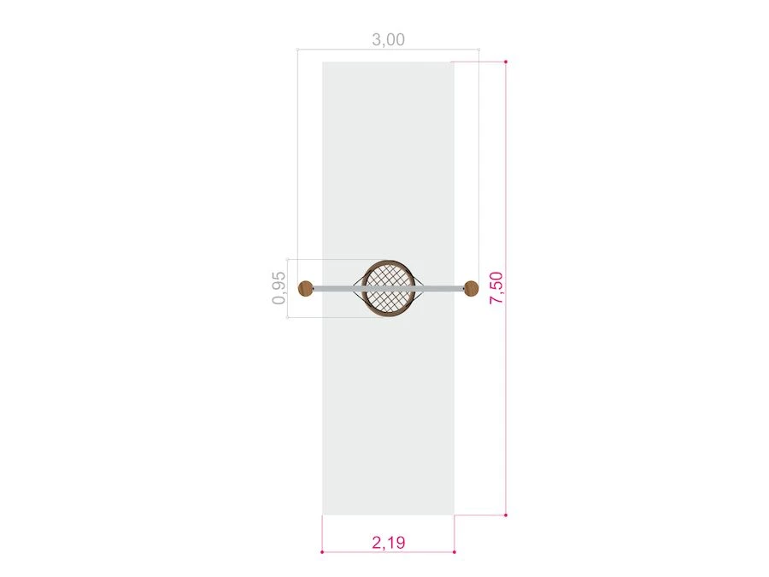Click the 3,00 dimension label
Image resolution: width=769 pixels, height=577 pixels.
[389, 39]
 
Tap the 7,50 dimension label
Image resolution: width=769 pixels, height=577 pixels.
[496, 288]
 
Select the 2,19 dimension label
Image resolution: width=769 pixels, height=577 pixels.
[389, 542]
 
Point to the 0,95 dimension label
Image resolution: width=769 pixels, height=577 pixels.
[279, 288]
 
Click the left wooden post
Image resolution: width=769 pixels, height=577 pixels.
[306, 289]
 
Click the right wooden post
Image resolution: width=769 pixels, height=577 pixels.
[471, 289]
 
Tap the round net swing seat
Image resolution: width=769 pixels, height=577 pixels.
[389, 289]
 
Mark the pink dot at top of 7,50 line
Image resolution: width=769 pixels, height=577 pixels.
[506, 62]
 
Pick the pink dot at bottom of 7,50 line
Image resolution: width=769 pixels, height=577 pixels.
[506, 515]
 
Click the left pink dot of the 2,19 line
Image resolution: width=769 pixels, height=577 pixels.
[322, 552]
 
